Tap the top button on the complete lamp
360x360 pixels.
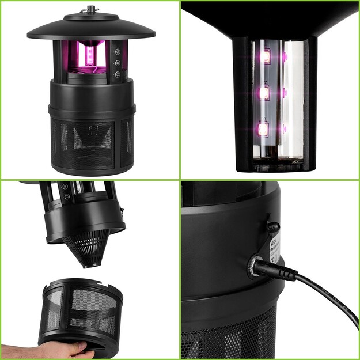click(116, 51)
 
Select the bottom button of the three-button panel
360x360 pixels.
click(117, 74)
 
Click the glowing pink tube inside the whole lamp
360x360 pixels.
click(89, 56)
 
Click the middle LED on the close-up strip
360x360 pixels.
click(264, 92)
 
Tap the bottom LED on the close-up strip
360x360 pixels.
click(263, 128)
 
